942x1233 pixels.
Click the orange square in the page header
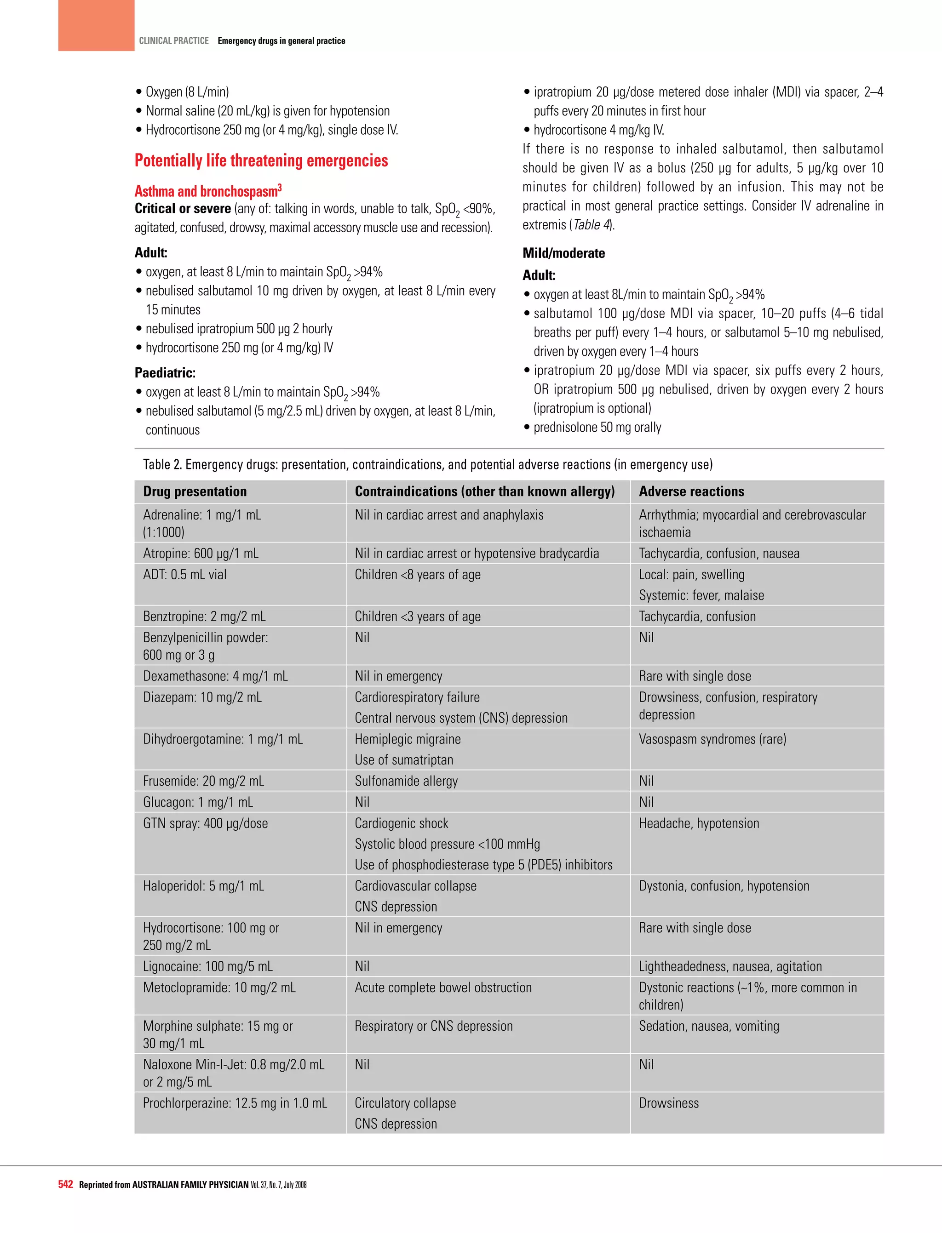pos(96,25)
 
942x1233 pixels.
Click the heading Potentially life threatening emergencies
pos(261,161)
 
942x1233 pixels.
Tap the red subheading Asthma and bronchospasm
pos(207,191)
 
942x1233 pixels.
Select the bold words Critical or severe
pos(182,209)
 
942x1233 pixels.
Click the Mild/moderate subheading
pos(563,253)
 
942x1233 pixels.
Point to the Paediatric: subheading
pos(165,373)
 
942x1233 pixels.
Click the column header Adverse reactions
pos(691,491)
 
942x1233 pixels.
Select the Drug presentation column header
pos(195,491)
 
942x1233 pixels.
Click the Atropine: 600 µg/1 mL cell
pos(200,554)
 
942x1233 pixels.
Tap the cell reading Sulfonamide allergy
pos(406,781)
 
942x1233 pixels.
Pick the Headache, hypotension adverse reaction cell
pos(699,823)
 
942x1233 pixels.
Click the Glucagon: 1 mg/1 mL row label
pos(197,802)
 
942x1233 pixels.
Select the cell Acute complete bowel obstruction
pos(443,988)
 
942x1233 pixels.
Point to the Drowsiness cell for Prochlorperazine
pos(668,1103)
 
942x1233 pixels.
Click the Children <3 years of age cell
pos(417,616)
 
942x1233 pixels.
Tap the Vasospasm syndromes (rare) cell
pos(712,739)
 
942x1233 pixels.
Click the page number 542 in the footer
pos(66,1184)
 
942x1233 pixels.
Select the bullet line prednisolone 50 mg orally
pos(597,428)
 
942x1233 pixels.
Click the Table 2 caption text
pos(427,465)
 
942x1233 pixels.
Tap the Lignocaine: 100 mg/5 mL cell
pos(207,966)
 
